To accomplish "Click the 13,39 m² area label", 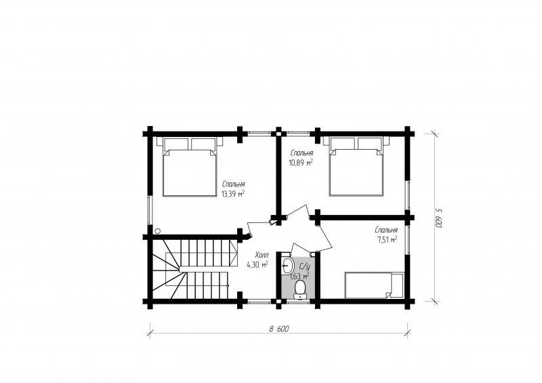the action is pos(233,194).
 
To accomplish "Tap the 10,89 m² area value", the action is pos(301,162).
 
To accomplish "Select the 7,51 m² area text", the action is pos(386,239).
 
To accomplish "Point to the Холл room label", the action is pos(262,256).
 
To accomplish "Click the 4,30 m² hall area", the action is pos(257,264).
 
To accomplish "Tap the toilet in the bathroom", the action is pos(299,290).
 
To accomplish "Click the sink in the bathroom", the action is pos(287,266).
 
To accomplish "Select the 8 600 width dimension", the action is pos(279,329).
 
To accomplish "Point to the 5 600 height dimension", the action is pos(438,218).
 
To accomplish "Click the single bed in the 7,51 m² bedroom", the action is pos(374,285).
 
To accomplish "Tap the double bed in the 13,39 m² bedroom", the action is pos(190,167).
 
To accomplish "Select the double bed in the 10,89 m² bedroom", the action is pos(356,167).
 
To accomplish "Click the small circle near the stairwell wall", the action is pos(158,230).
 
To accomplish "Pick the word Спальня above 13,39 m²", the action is pos(234,184).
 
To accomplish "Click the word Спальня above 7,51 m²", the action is pos(386,230).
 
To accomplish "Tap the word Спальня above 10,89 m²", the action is pos(302,153).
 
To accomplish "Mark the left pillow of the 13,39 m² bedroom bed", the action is pos(176,144).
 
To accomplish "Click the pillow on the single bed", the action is pos(397,285).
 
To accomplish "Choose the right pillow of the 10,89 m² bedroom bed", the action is pos(370,144).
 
